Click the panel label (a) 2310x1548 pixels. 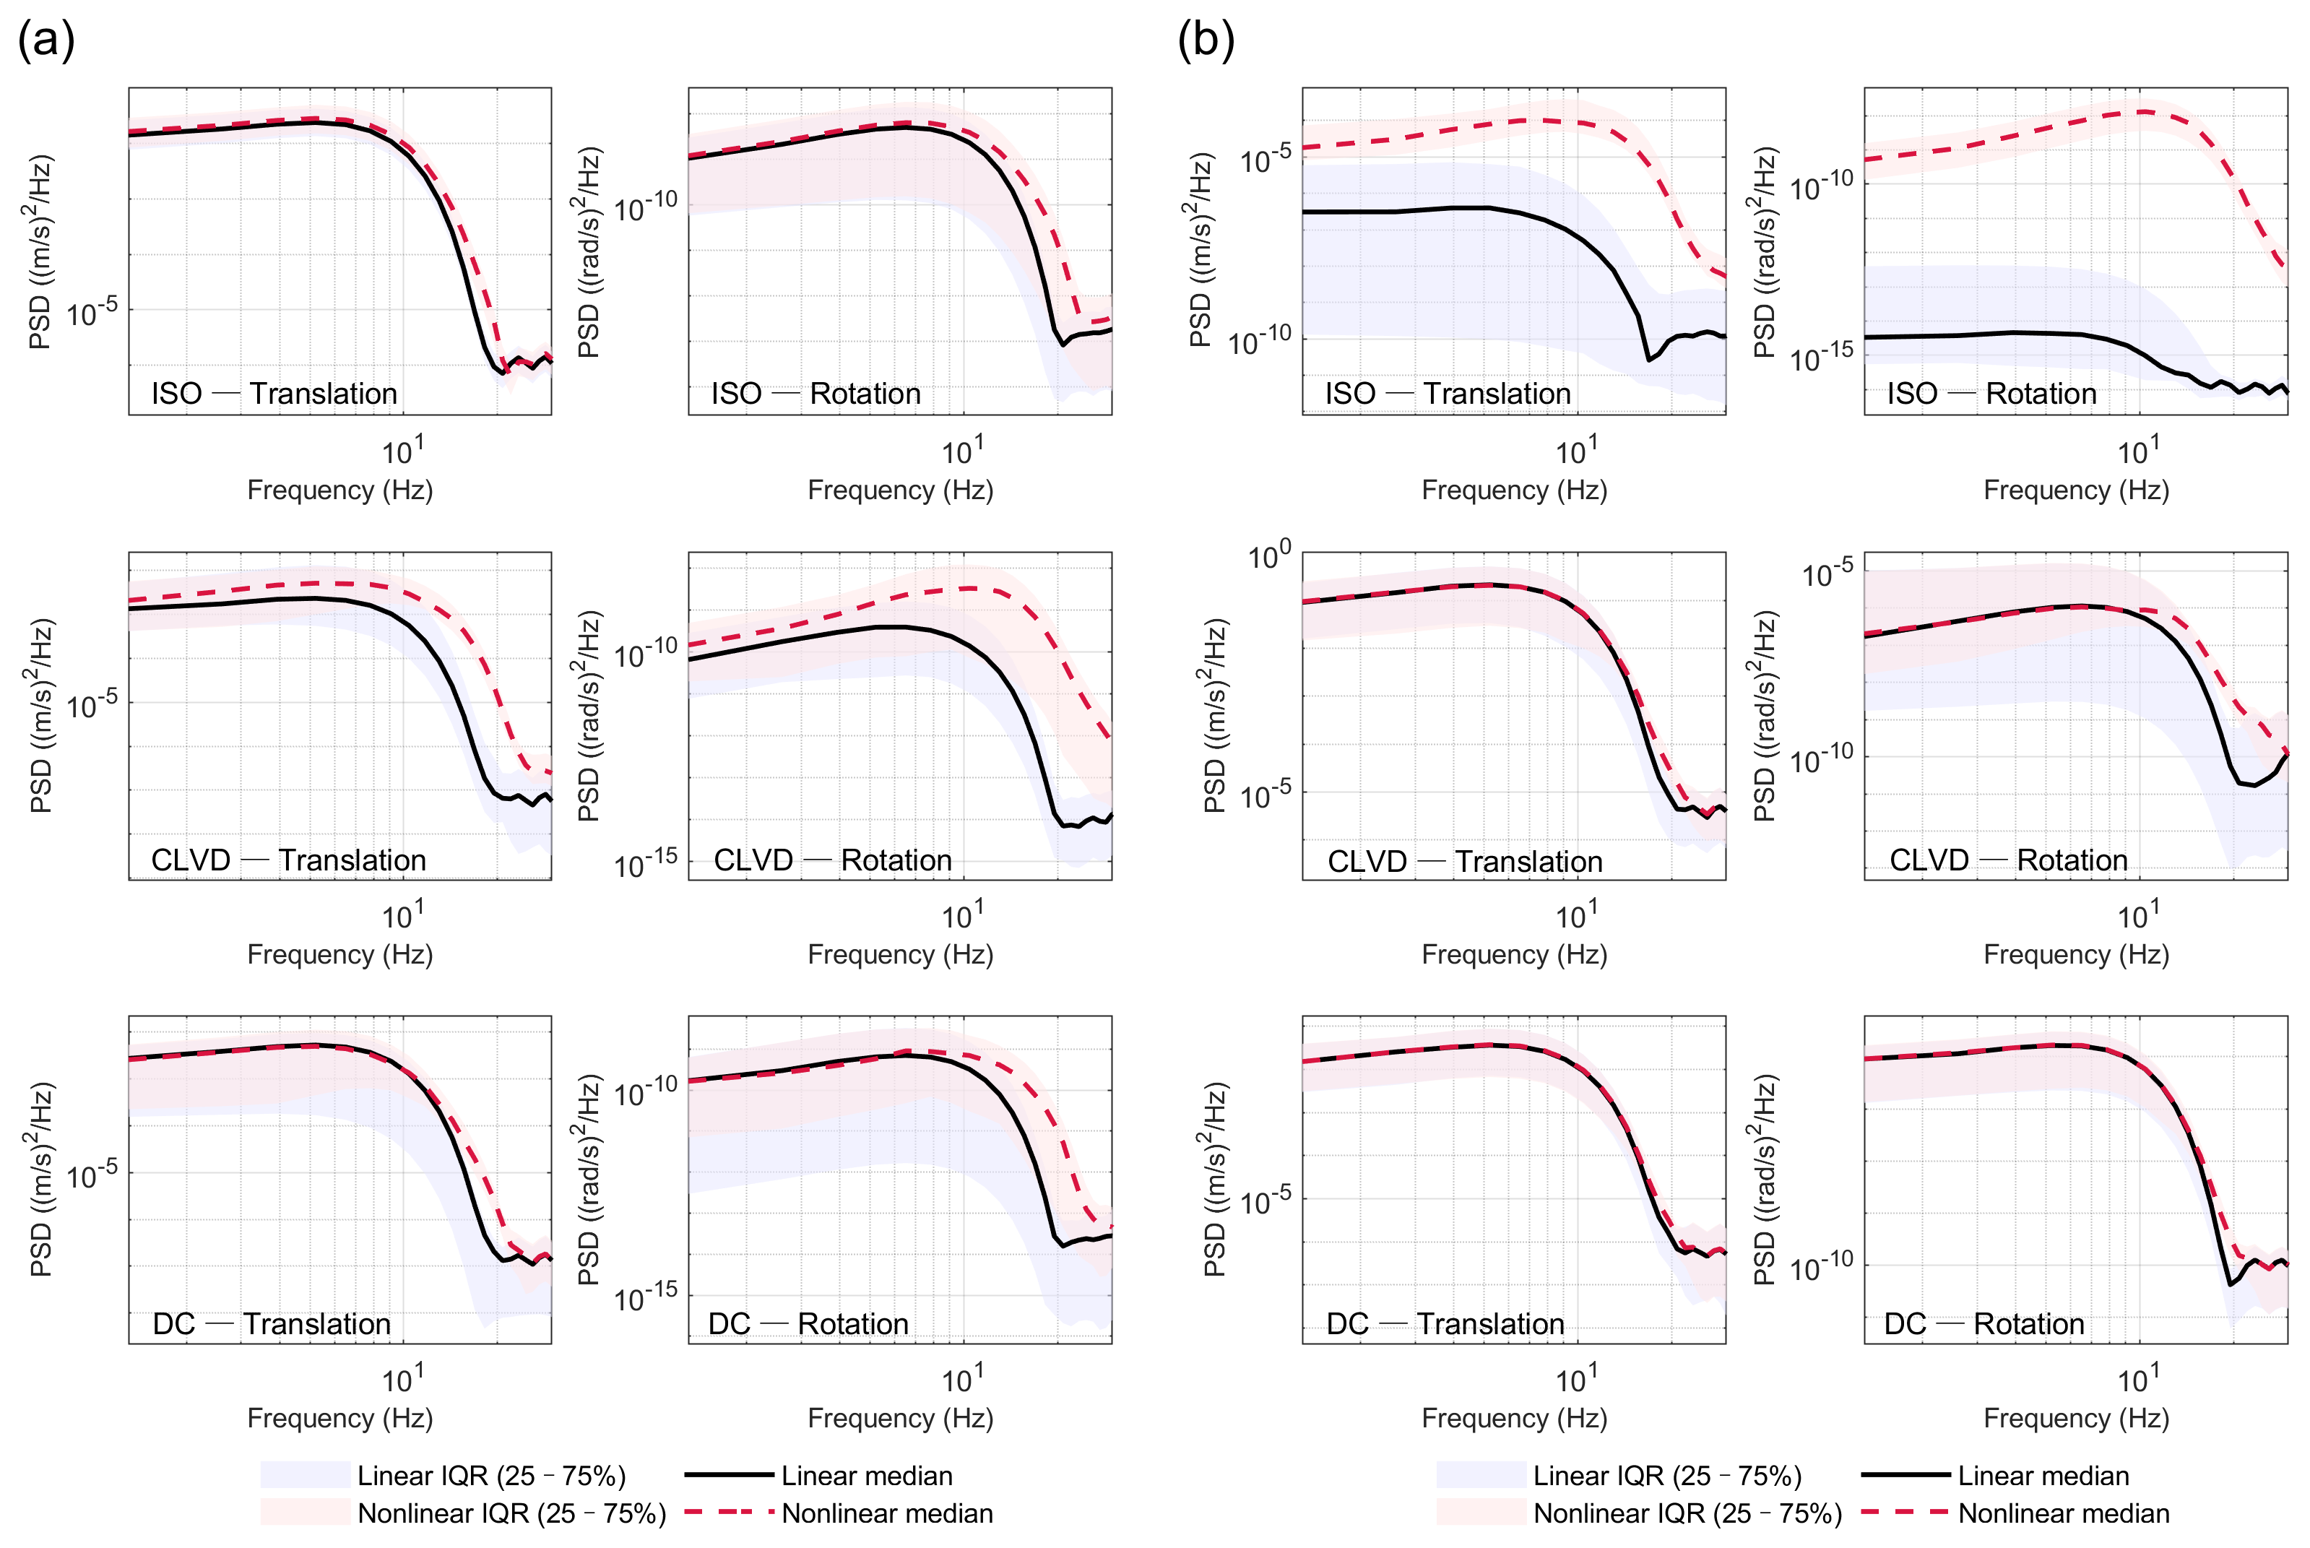pyautogui.click(x=46, y=41)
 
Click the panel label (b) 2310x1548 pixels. pyautogui.click(x=1206, y=41)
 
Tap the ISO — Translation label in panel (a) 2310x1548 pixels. pyautogui.click(x=274, y=394)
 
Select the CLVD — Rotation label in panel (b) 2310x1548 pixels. pyautogui.click(x=2008, y=860)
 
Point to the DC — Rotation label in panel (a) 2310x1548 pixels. pyautogui.click(x=808, y=1324)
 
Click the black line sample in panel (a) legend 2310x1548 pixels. pyautogui.click(x=729, y=1475)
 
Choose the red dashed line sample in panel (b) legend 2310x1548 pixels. pyautogui.click(x=1904, y=1513)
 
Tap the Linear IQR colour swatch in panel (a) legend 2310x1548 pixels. pyautogui.click(x=305, y=1475)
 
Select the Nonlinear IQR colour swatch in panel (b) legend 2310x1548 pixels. pyautogui.click(x=1481, y=1513)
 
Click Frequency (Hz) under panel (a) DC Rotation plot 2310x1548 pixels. pyautogui.click(x=900, y=1419)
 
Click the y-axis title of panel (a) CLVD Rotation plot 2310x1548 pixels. pyautogui.click(x=589, y=716)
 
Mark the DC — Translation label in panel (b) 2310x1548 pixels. pyautogui.click(x=1445, y=1324)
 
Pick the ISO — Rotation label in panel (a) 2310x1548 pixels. pyautogui.click(x=816, y=394)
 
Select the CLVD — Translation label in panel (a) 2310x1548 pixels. pyautogui.click(x=288, y=860)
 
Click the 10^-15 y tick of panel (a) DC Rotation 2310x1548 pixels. pyautogui.click(x=646, y=1298)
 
